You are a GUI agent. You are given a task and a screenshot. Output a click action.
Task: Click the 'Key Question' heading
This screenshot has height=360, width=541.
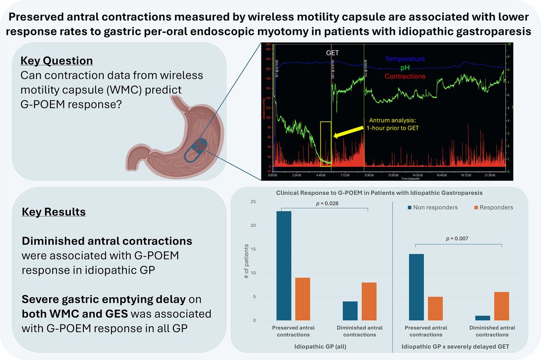click(x=57, y=61)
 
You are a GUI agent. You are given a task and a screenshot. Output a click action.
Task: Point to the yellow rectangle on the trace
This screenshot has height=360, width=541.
click(x=325, y=143)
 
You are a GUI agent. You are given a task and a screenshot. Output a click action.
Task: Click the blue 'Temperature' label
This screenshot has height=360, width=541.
click(x=405, y=59)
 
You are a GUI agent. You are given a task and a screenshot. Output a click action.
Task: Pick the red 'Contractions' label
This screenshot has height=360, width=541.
click(x=405, y=76)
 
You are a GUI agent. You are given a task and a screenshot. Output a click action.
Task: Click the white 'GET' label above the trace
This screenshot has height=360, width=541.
click(x=332, y=53)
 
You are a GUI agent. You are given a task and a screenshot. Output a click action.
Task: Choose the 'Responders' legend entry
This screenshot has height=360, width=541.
click(x=494, y=208)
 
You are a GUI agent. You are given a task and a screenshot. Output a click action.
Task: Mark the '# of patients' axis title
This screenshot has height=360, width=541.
click(x=245, y=261)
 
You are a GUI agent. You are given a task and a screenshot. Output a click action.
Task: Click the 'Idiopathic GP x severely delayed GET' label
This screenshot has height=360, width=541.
click(x=459, y=347)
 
